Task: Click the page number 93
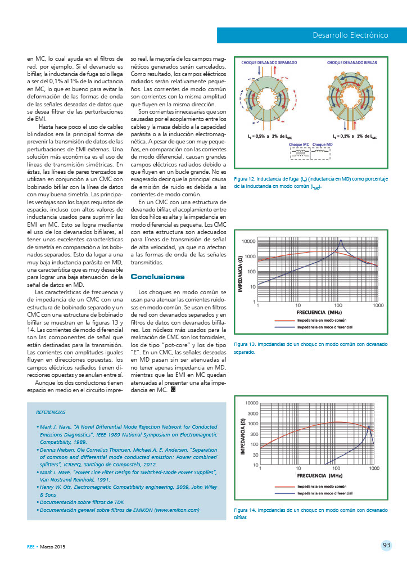pyautogui.click(x=386, y=544)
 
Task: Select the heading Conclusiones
pyautogui.click(x=157, y=277)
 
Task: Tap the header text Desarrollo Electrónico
pyautogui.click(x=351, y=35)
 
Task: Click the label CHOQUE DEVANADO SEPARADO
pyautogui.click(x=269, y=63)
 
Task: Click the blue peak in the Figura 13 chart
pyautogui.click(x=341, y=241)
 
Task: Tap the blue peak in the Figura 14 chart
pyautogui.click(x=368, y=429)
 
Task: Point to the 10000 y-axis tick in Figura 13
pyautogui.click(x=248, y=241)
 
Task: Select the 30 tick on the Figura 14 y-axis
pyautogui.click(x=255, y=454)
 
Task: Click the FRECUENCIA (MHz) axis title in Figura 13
pyautogui.click(x=319, y=312)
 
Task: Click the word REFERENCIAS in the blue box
pyautogui.click(x=51, y=412)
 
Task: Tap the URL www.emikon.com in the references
pyautogui.click(x=179, y=510)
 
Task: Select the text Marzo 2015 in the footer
pyautogui.click(x=53, y=546)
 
